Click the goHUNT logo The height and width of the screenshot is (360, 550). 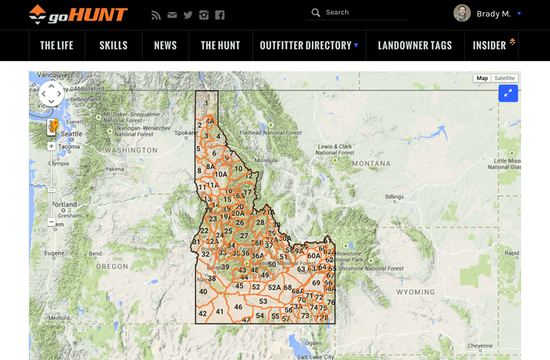pyautogui.click(x=78, y=14)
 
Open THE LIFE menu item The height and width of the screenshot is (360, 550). pyautogui.click(x=56, y=46)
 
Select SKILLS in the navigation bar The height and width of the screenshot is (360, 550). pyautogui.click(x=113, y=46)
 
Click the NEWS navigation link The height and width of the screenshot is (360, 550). pyautogui.click(x=165, y=46)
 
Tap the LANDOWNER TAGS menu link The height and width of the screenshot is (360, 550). pyautogui.click(x=415, y=46)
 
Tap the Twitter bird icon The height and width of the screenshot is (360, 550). pyautogui.click(x=188, y=15)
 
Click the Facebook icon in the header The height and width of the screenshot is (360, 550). pyautogui.click(x=220, y=15)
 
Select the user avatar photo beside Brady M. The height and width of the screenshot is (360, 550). pyautogui.click(x=462, y=13)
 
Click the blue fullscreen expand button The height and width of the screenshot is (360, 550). pyautogui.click(x=508, y=94)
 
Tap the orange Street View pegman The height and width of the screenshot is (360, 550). pyautogui.click(x=52, y=125)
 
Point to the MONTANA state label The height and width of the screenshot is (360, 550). pyautogui.click(x=371, y=164)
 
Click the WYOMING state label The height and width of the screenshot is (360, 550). pyautogui.click(x=415, y=292)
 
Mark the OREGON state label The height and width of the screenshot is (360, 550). pyautogui.click(x=111, y=266)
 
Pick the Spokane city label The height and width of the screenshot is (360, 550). pyautogui.click(x=186, y=133)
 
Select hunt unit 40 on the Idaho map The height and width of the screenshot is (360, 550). pyautogui.click(x=203, y=292)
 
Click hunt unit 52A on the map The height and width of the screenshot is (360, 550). pyautogui.click(x=274, y=288)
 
